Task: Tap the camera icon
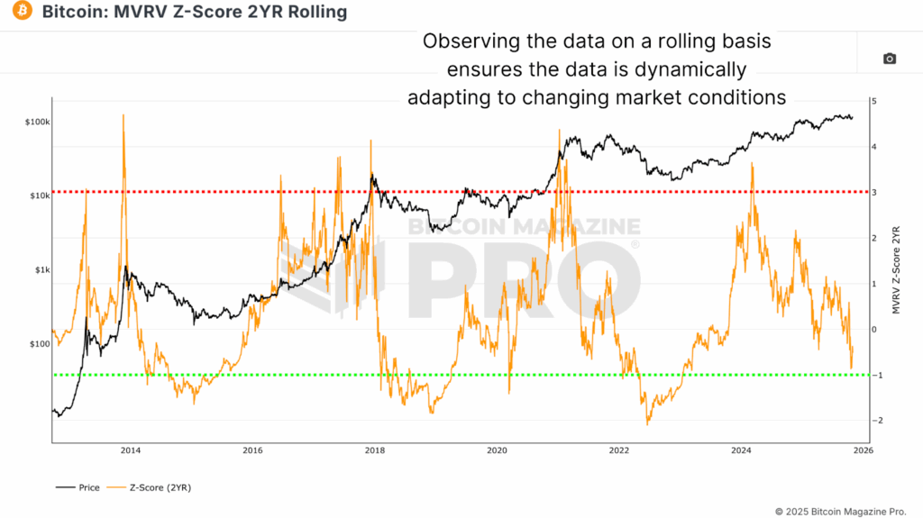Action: pyautogui.click(x=889, y=59)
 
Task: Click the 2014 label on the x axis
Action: pyautogui.click(x=130, y=450)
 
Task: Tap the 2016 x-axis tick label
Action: pyautogui.click(x=252, y=450)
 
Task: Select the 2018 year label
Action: pyautogui.click(x=374, y=450)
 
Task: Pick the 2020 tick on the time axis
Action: pyautogui.click(x=497, y=450)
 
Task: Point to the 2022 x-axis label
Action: pyautogui.click(x=618, y=450)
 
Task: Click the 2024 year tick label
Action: pyautogui.click(x=741, y=450)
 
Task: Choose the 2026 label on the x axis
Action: pyautogui.click(x=863, y=450)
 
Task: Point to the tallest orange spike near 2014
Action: pyautogui.click(x=123, y=116)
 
